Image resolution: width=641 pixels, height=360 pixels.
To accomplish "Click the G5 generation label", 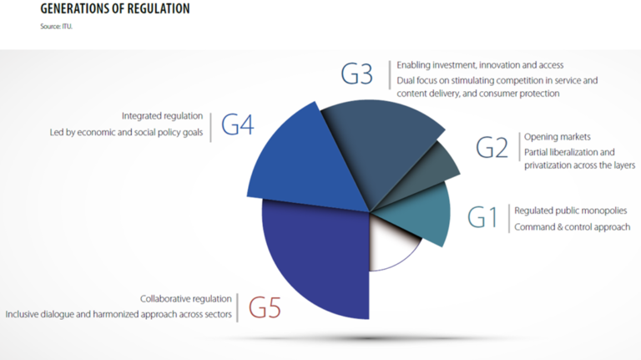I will [x=264, y=307].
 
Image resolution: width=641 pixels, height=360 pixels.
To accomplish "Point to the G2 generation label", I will [x=492, y=147].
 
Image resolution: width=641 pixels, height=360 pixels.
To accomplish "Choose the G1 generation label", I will [x=482, y=218].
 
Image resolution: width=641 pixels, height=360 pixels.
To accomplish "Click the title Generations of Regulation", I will [x=114, y=9].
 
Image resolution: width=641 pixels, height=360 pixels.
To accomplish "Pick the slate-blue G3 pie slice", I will [x=380, y=150].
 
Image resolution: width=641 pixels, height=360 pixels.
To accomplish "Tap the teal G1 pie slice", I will [x=417, y=213].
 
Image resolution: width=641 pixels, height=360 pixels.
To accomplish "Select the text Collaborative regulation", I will [x=186, y=298].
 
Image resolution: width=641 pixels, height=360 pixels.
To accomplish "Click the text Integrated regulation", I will [x=163, y=116].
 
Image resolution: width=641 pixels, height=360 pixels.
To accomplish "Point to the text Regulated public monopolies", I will [x=570, y=210].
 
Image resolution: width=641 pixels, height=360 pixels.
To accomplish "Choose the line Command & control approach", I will [x=572, y=226].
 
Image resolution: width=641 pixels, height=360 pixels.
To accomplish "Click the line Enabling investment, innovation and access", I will [x=480, y=64].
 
